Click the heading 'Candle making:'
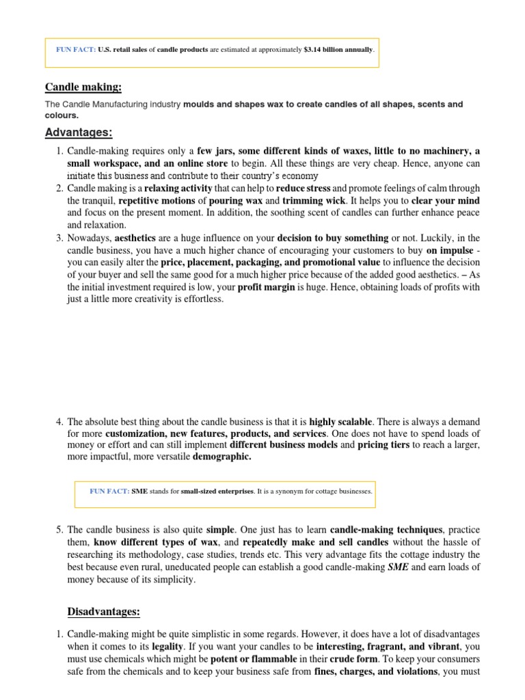click(x=83, y=87)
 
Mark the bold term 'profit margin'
click(x=267, y=287)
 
